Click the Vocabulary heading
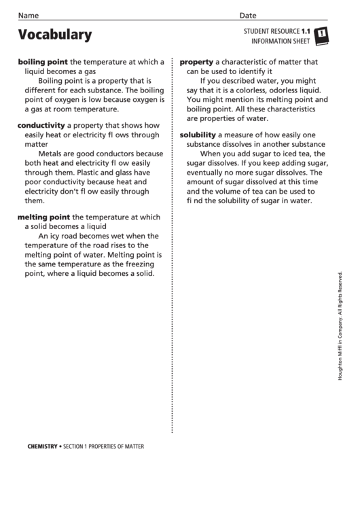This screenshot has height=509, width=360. coord(54,35)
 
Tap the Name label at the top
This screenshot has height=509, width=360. coord(29,16)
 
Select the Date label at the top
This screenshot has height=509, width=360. coord(248,16)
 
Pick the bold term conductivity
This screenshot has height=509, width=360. coord(41,126)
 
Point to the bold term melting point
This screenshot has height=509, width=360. coord(44,217)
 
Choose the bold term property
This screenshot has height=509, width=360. coord(196,61)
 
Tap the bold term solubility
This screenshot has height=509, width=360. coord(197,135)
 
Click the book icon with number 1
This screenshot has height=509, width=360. coord(322,35)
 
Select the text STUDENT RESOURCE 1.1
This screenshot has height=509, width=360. coord(276,31)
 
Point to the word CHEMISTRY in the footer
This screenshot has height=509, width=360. coord(42,446)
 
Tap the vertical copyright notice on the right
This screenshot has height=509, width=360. coord(340,326)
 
